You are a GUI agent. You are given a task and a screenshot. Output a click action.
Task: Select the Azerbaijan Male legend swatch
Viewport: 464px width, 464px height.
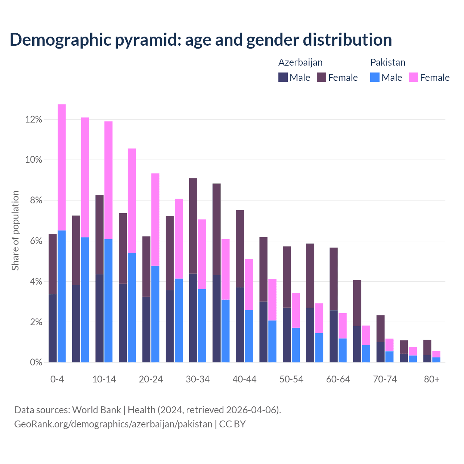coord(283,77)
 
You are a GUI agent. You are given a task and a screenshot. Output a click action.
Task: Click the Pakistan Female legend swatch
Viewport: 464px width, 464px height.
coord(413,77)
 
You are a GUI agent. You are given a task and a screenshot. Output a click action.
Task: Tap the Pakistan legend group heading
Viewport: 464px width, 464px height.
coord(388,62)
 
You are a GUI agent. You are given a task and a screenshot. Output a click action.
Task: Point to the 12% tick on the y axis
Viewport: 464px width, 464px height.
coord(34,120)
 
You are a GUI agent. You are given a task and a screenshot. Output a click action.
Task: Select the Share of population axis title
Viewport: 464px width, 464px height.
coord(16,231)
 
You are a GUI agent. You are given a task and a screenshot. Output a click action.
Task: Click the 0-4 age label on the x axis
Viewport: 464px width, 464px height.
coord(57,379)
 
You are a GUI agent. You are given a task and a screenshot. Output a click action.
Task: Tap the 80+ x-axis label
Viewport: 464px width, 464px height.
coord(432,379)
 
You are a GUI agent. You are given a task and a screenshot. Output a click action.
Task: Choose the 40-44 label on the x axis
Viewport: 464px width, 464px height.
coord(244,379)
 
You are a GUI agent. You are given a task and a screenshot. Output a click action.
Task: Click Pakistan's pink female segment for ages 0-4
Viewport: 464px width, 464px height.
coord(62,167)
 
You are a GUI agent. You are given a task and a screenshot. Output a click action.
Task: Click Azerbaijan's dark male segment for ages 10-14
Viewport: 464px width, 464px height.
coord(99,318)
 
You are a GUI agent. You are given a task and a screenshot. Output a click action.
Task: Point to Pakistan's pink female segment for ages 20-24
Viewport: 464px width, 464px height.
coord(155,220)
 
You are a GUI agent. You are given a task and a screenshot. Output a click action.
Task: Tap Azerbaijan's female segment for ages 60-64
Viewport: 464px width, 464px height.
coord(333,279)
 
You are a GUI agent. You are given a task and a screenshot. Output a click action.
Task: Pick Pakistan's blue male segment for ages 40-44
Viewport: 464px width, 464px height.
coord(249,336)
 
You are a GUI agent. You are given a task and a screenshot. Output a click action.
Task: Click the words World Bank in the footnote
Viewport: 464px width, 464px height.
coord(96,410)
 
